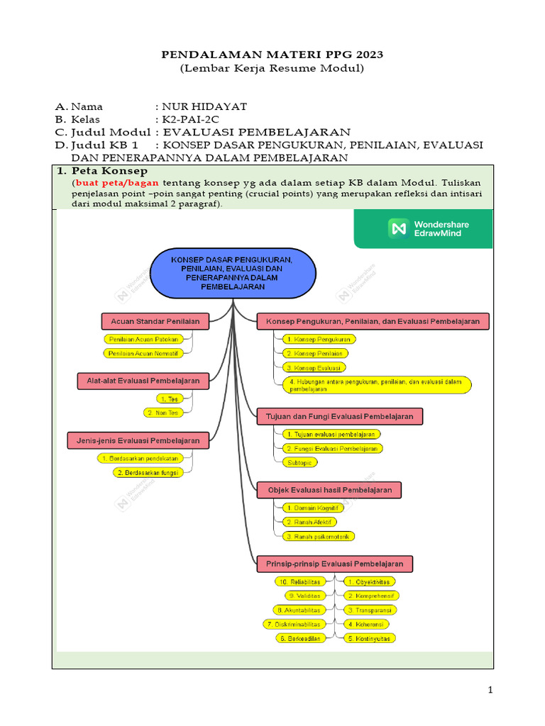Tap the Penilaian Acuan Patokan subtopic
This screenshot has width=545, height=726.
click(x=143, y=339)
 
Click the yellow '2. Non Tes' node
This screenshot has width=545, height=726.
click(x=163, y=412)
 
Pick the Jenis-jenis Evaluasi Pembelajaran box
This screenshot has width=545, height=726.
click(x=138, y=440)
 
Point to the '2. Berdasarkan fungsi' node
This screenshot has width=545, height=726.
click(x=148, y=472)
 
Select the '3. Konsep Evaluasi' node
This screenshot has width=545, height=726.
click(x=313, y=367)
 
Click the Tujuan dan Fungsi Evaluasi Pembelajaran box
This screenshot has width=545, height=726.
click(x=339, y=416)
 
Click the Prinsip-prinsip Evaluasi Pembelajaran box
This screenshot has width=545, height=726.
click(x=334, y=564)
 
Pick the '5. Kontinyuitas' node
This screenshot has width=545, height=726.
click(x=370, y=638)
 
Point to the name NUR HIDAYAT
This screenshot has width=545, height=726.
click(x=204, y=106)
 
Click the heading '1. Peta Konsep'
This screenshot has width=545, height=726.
click(x=102, y=172)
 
